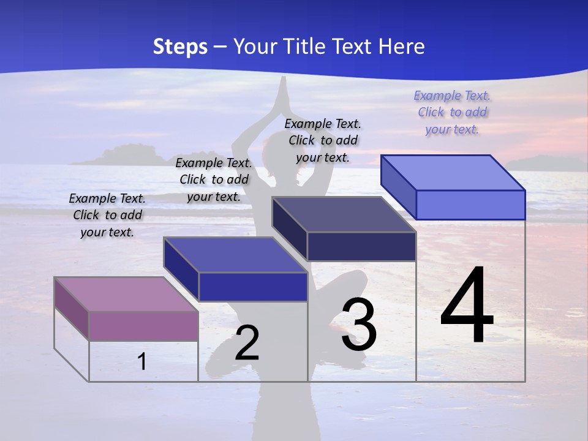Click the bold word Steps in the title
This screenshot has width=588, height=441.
180,47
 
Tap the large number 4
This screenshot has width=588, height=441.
467,306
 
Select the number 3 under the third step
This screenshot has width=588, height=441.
358,325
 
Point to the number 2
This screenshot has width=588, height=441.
247,343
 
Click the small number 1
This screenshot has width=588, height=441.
141,361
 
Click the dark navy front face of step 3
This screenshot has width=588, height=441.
361,246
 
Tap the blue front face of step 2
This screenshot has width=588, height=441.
253,287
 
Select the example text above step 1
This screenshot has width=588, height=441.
107,215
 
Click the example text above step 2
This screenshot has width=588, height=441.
214,179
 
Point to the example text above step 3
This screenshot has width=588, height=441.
323,140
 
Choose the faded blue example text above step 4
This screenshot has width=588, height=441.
452,112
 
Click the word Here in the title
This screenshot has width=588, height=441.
402,47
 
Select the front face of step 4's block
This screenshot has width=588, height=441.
470,205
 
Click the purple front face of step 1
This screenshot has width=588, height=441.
143,325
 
